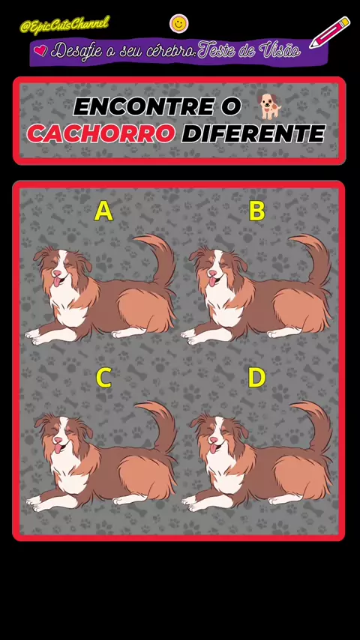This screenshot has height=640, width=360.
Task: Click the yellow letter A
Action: (x=103, y=211)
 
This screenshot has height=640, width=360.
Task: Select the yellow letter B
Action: (x=257, y=211)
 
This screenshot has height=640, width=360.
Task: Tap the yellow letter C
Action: (x=103, y=378)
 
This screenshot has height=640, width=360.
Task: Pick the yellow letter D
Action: (x=257, y=378)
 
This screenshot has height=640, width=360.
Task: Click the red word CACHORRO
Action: (x=101, y=133)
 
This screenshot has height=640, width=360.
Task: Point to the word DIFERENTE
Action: (x=253, y=133)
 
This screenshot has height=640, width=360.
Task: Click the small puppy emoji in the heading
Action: (x=270, y=106)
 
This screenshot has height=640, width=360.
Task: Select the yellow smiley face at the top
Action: (x=178, y=24)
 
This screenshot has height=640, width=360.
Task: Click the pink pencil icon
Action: (x=330, y=32)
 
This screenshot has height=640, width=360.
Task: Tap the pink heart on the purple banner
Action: (x=40, y=51)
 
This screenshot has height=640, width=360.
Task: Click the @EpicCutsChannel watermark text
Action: (x=64, y=25)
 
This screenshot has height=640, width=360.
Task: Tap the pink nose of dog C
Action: (x=58, y=441)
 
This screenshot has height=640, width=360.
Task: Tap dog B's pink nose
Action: (x=212, y=273)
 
